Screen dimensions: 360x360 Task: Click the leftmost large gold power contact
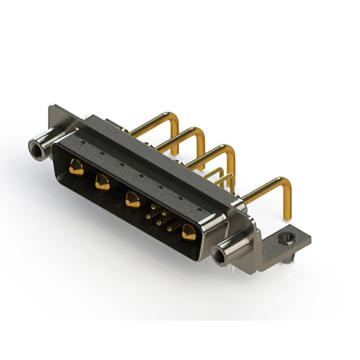pos(76,166)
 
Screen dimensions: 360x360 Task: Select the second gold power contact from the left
pos(102,182)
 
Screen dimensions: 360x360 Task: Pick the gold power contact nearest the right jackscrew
pos(188,231)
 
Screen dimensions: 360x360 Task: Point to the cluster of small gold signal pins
pos(159,217)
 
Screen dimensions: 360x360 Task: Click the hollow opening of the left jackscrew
pos(37,148)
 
